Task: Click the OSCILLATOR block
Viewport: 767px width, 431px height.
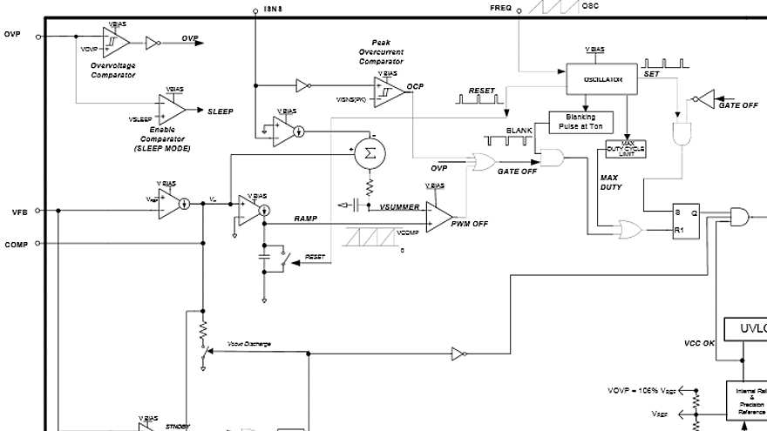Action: click(x=602, y=79)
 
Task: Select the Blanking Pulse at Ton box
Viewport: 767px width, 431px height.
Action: click(x=580, y=122)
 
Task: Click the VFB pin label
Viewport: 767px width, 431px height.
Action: click(x=20, y=212)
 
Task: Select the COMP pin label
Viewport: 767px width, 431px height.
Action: click(x=17, y=245)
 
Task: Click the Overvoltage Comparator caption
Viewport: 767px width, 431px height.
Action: click(x=113, y=71)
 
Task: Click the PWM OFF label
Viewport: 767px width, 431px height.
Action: click(x=470, y=224)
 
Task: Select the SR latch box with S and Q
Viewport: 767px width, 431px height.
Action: click(x=686, y=221)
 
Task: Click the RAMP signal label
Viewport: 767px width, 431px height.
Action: click(x=306, y=219)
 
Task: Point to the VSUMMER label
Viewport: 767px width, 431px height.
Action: click(x=399, y=207)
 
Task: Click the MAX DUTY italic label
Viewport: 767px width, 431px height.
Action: click(x=610, y=182)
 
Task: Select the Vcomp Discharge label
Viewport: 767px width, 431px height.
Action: click(x=249, y=344)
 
